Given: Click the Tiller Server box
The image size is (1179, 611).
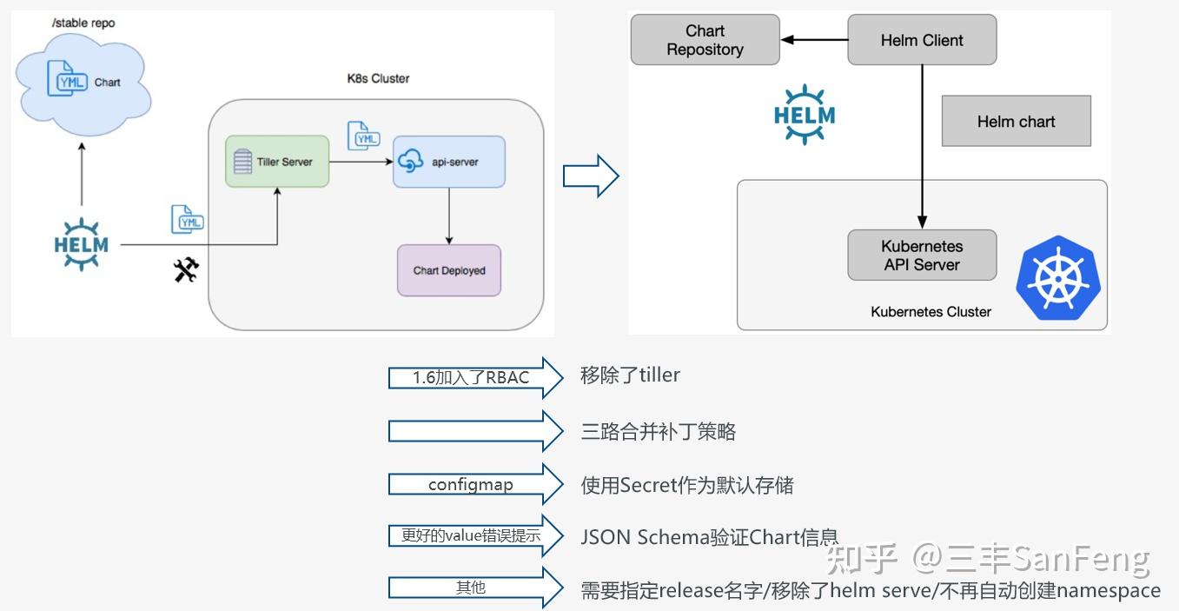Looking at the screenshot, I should click(277, 162).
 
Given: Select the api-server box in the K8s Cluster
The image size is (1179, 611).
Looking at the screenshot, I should click(448, 162).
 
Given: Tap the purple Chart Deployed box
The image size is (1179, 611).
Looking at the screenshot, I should click(449, 270).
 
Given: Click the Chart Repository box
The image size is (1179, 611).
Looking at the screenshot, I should click(705, 40).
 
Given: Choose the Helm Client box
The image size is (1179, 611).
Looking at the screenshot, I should click(922, 40).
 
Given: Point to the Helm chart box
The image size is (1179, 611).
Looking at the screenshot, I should click(1016, 122).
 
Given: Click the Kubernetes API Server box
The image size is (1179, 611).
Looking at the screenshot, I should click(922, 256).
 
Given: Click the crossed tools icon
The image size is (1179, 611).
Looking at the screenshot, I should click(186, 270).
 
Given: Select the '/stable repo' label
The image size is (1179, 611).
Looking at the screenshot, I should click(83, 23).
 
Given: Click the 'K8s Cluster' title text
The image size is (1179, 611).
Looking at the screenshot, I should click(378, 78).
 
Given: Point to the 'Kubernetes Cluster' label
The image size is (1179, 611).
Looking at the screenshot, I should click(931, 311).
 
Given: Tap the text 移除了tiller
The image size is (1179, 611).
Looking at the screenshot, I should click(630, 375).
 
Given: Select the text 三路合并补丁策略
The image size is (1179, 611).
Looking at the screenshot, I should click(658, 431).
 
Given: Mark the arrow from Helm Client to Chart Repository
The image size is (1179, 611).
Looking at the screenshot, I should click(813, 40).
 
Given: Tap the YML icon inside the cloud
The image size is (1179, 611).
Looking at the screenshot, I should click(70, 81).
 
